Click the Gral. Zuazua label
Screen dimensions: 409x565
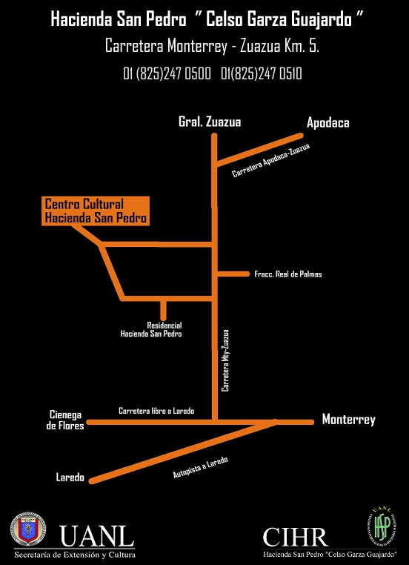(210, 122)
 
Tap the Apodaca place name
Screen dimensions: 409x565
(328, 123)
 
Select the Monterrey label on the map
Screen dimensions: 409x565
(348, 420)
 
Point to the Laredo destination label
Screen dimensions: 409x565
(70, 478)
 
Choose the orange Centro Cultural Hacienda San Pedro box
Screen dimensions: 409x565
(96, 211)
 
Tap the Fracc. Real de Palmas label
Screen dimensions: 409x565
(288, 274)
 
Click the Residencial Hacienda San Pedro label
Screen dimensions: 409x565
(151, 330)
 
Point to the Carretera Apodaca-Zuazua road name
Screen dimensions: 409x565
(270, 161)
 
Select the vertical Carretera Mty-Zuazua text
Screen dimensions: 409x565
(225, 360)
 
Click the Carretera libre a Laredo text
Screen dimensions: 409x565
(156, 411)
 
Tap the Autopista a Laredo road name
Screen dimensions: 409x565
(201, 468)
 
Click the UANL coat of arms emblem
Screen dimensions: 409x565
(27, 534)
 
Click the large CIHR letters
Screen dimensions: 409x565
(295, 537)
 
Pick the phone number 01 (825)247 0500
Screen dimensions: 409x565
(167, 74)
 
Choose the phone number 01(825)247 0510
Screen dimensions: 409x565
(262, 74)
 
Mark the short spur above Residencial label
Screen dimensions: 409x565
(164, 309)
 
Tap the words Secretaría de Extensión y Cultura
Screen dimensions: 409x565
(75, 555)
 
